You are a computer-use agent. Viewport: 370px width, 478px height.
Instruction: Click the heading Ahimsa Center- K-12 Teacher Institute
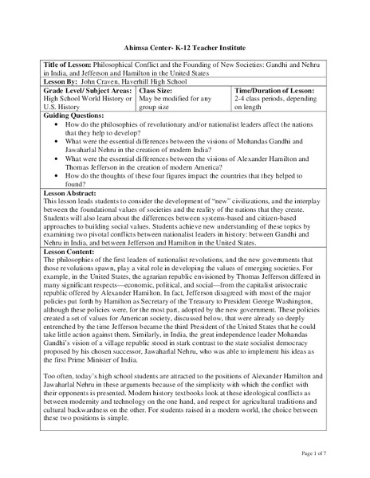coord(185,48)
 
